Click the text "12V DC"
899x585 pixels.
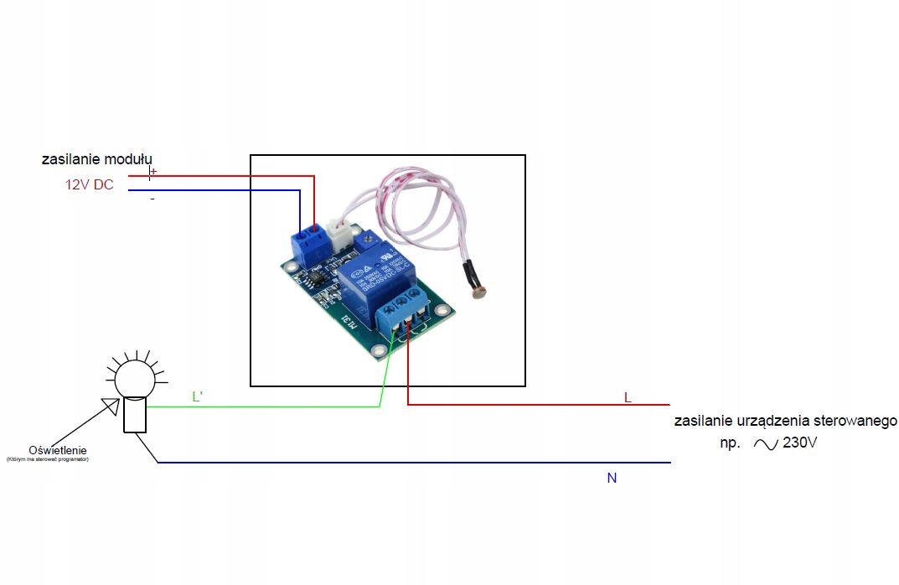[x=89, y=185]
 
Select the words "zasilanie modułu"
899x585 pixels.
[x=97, y=159]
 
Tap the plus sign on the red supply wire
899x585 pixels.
[x=152, y=172]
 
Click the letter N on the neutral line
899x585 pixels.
[x=612, y=478]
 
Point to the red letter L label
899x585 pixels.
[x=627, y=396]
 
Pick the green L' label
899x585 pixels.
[x=197, y=396]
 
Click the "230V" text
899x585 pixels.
[x=799, y=443]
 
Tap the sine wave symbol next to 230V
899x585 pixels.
[x=766, y=444]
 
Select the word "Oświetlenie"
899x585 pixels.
[x=58, y=450]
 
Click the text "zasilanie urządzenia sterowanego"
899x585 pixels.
[x=785, y=421]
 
